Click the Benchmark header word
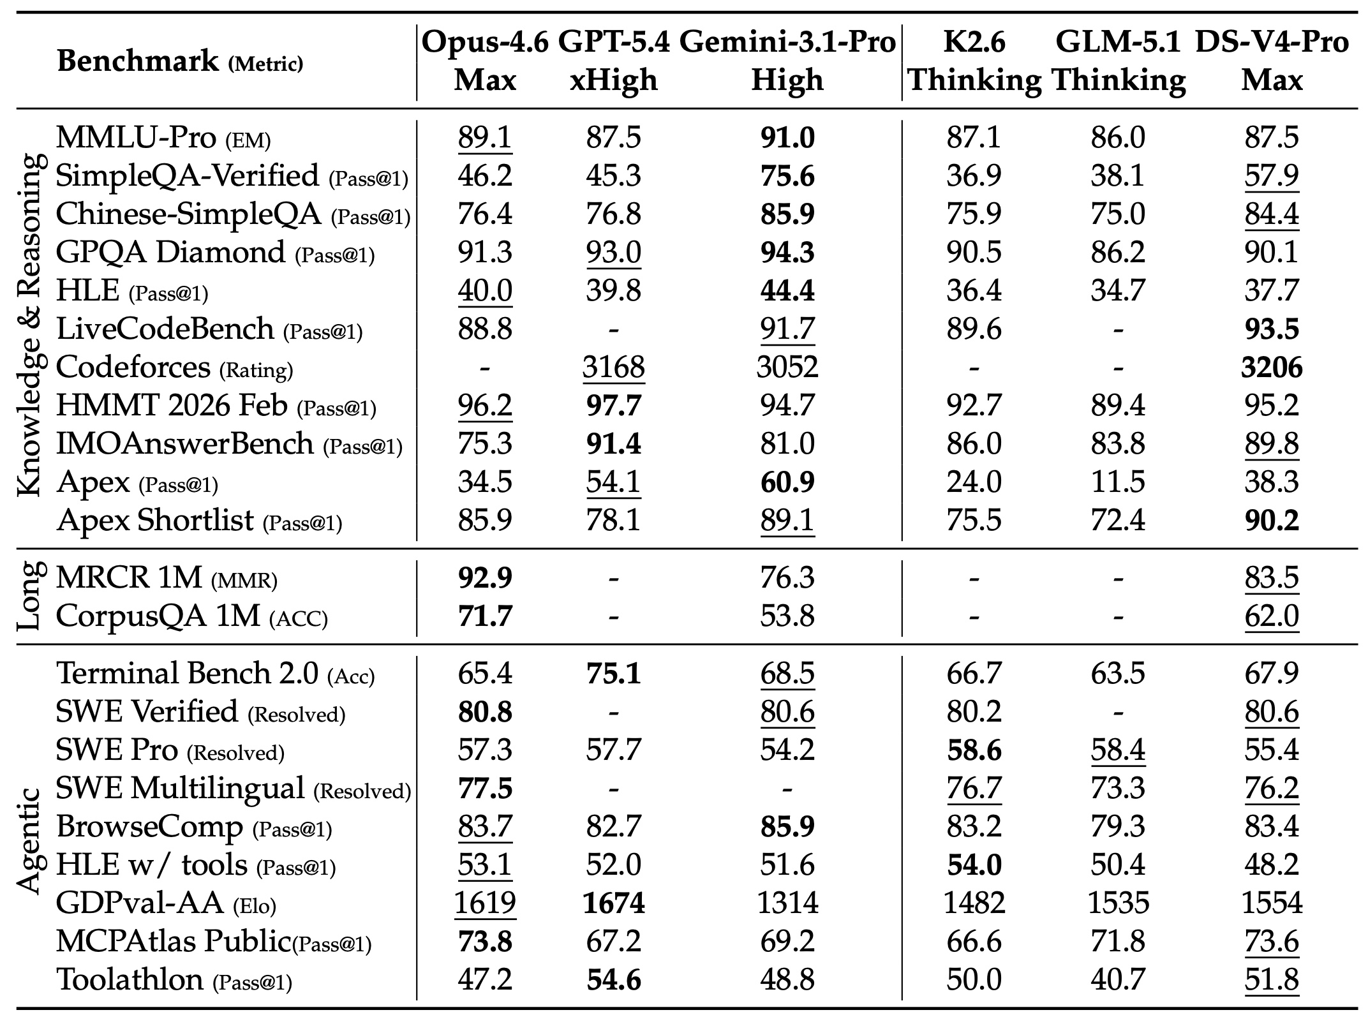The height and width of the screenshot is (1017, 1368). tap(138, 62)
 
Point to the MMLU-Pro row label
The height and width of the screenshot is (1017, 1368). tap(135, 138)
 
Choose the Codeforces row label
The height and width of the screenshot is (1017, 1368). tap(133, 367)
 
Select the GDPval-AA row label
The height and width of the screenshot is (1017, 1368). tap(139, 903)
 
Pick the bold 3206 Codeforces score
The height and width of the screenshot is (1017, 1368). tap(1272, 367)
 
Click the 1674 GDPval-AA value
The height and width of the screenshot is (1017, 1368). tap(613, 903)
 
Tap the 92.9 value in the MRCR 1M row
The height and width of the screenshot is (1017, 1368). tap(485, 578)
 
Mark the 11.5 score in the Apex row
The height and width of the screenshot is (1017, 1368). tap(1118, 482)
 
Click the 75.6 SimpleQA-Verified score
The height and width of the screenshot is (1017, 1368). tap(787, 176)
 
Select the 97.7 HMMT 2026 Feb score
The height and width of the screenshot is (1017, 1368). tap(613, 406)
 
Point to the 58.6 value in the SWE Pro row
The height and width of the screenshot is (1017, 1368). tap(974, 750)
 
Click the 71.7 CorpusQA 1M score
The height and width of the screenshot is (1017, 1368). tap(485, 616)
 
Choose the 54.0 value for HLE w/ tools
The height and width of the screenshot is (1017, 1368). tap(974, 865)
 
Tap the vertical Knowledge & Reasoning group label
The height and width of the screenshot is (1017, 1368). tap(30, 325)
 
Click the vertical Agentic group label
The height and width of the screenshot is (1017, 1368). tap(30, 842)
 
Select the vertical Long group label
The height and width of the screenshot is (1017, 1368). tap(30, 597)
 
